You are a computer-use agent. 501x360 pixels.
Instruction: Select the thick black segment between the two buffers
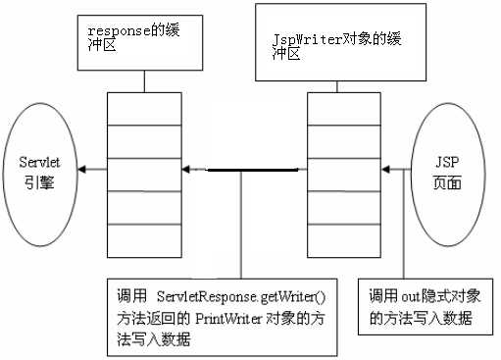point(240,171)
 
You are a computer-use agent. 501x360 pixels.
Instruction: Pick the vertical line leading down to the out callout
point(404,226)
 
